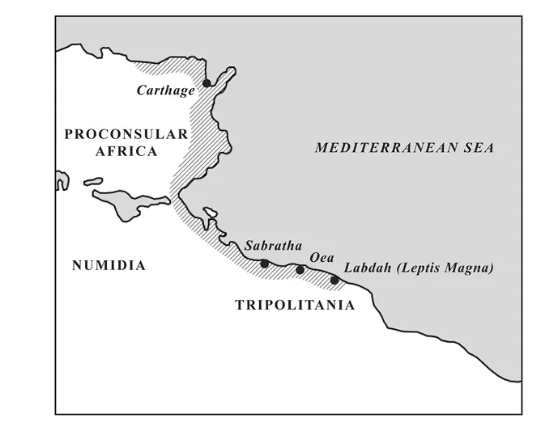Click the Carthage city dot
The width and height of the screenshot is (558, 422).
coord(207,82)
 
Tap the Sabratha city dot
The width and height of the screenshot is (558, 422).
coord(264,264)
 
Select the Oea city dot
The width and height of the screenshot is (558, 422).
coord(300,270)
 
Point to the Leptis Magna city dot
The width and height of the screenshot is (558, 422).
coord(334,281)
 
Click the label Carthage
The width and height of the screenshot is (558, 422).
coord(165,91)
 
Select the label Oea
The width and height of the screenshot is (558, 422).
coord(322,257)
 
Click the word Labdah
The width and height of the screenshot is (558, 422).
coord(369,268)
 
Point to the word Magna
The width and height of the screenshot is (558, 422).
coord(469,268)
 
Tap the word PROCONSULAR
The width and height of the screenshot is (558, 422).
coord(126,133)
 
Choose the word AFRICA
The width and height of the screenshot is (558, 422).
coord(126,151)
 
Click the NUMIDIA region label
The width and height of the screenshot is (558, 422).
coord(109,265)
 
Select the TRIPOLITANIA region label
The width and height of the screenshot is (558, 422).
coord(295,305)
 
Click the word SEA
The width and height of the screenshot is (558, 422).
coord(477,148)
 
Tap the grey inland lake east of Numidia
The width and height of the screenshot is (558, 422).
coord(130,202)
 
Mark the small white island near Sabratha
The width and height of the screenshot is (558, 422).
coord(211,214)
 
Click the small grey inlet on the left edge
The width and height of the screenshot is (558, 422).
coord(62,180)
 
